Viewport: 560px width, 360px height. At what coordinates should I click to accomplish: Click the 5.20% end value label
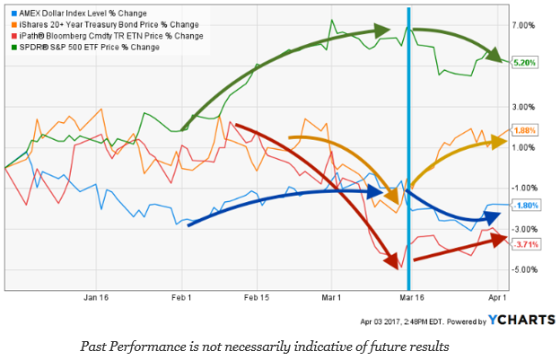pyautogui.click(x=524, y=63)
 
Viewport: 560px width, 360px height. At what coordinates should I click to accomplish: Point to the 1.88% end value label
pyautogui.click(x=524, y=130)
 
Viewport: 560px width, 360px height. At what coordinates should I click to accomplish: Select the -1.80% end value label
pyautogui.click(x=524, y=206)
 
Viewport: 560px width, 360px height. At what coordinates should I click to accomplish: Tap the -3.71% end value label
pyautogui.click(x=524, y=244)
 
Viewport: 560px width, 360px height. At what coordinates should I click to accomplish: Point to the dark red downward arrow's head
pyautogui.click(x=393, y=263)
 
